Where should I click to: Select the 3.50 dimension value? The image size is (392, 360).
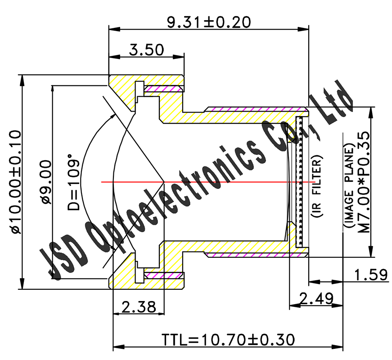pyautogui.click(x=146, y=49)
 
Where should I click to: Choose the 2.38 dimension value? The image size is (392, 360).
pyautogui.click(x=139, y=307)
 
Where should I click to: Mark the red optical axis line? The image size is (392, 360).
pyautogui.click(x=203, y=182)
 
